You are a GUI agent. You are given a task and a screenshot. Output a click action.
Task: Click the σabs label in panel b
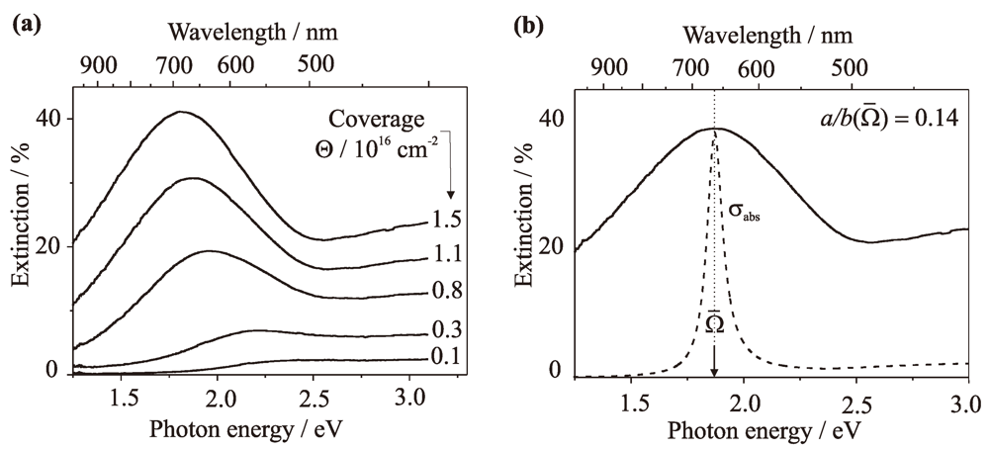[745, 210]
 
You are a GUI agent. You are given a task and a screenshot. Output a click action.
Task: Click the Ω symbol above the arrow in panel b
[714, 323]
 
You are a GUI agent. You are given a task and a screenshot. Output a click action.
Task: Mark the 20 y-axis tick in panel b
[552, 245]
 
